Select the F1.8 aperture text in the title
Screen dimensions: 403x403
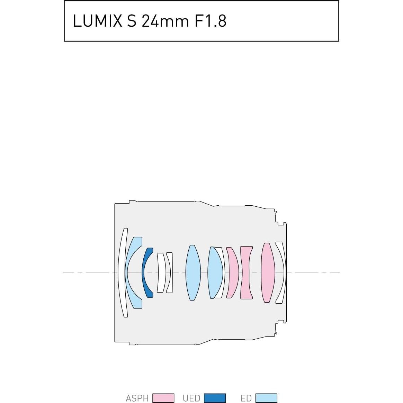211,21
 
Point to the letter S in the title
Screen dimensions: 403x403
132,21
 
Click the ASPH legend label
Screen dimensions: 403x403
137,398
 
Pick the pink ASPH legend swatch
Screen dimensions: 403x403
163,398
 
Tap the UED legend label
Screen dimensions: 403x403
191,398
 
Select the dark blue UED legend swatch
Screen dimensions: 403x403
215,398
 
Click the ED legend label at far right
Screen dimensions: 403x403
246,398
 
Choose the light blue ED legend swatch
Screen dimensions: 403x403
266,398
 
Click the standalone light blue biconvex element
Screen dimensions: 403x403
193,272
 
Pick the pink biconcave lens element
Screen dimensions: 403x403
246,272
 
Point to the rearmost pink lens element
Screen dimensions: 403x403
268,272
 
